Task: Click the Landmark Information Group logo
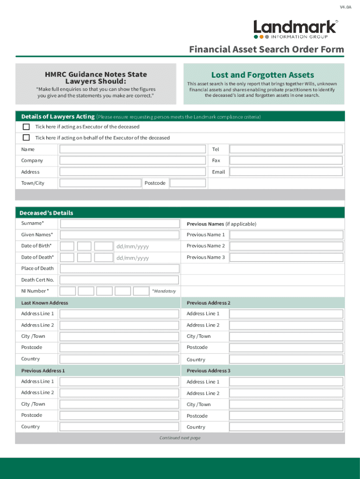point(295,29)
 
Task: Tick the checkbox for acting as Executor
point(26,127)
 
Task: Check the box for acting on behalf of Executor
point(26,138)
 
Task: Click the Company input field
point(132,160)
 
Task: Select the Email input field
point(286,172)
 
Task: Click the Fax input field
point(286,160)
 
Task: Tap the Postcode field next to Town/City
point(187,183)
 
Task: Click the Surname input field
point(120,224)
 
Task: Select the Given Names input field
point(120,235)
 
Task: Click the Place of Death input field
point(120,269)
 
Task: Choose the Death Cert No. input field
point(120,280)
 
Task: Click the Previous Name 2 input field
point(286,246)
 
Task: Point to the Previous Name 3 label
point(206,257)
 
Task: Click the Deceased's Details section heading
point(46,213)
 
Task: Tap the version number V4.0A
point(345,7)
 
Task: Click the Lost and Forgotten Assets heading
point(262,75)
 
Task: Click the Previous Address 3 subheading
point(209,370)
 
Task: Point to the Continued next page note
point(180,438)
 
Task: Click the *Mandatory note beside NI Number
point(164,291)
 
